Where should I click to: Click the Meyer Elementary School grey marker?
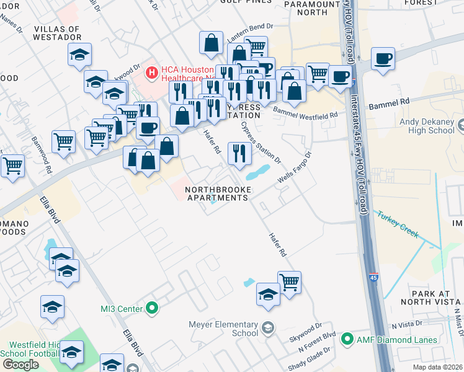268,328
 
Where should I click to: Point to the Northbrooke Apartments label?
216,193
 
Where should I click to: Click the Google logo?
20,364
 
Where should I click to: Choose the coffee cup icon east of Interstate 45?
383,60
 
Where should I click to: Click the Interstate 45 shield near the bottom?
373,277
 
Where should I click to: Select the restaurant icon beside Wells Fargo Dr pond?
239,153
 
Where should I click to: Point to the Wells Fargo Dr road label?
294,169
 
